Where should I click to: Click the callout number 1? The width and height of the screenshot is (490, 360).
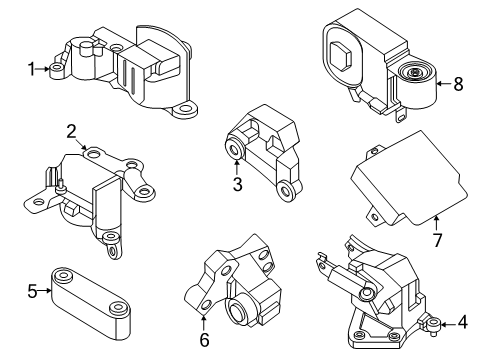click(31, 69)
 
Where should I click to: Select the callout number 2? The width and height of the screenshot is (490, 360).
click(71, 130)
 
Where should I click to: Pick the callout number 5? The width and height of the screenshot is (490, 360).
click(31, 292)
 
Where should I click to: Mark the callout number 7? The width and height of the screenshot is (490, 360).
click(436, 241)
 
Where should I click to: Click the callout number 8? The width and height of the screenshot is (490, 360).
click(458, 86)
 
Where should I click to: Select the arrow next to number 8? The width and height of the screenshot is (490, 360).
click(441, 86)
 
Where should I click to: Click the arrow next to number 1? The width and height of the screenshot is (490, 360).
click(46, 69)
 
